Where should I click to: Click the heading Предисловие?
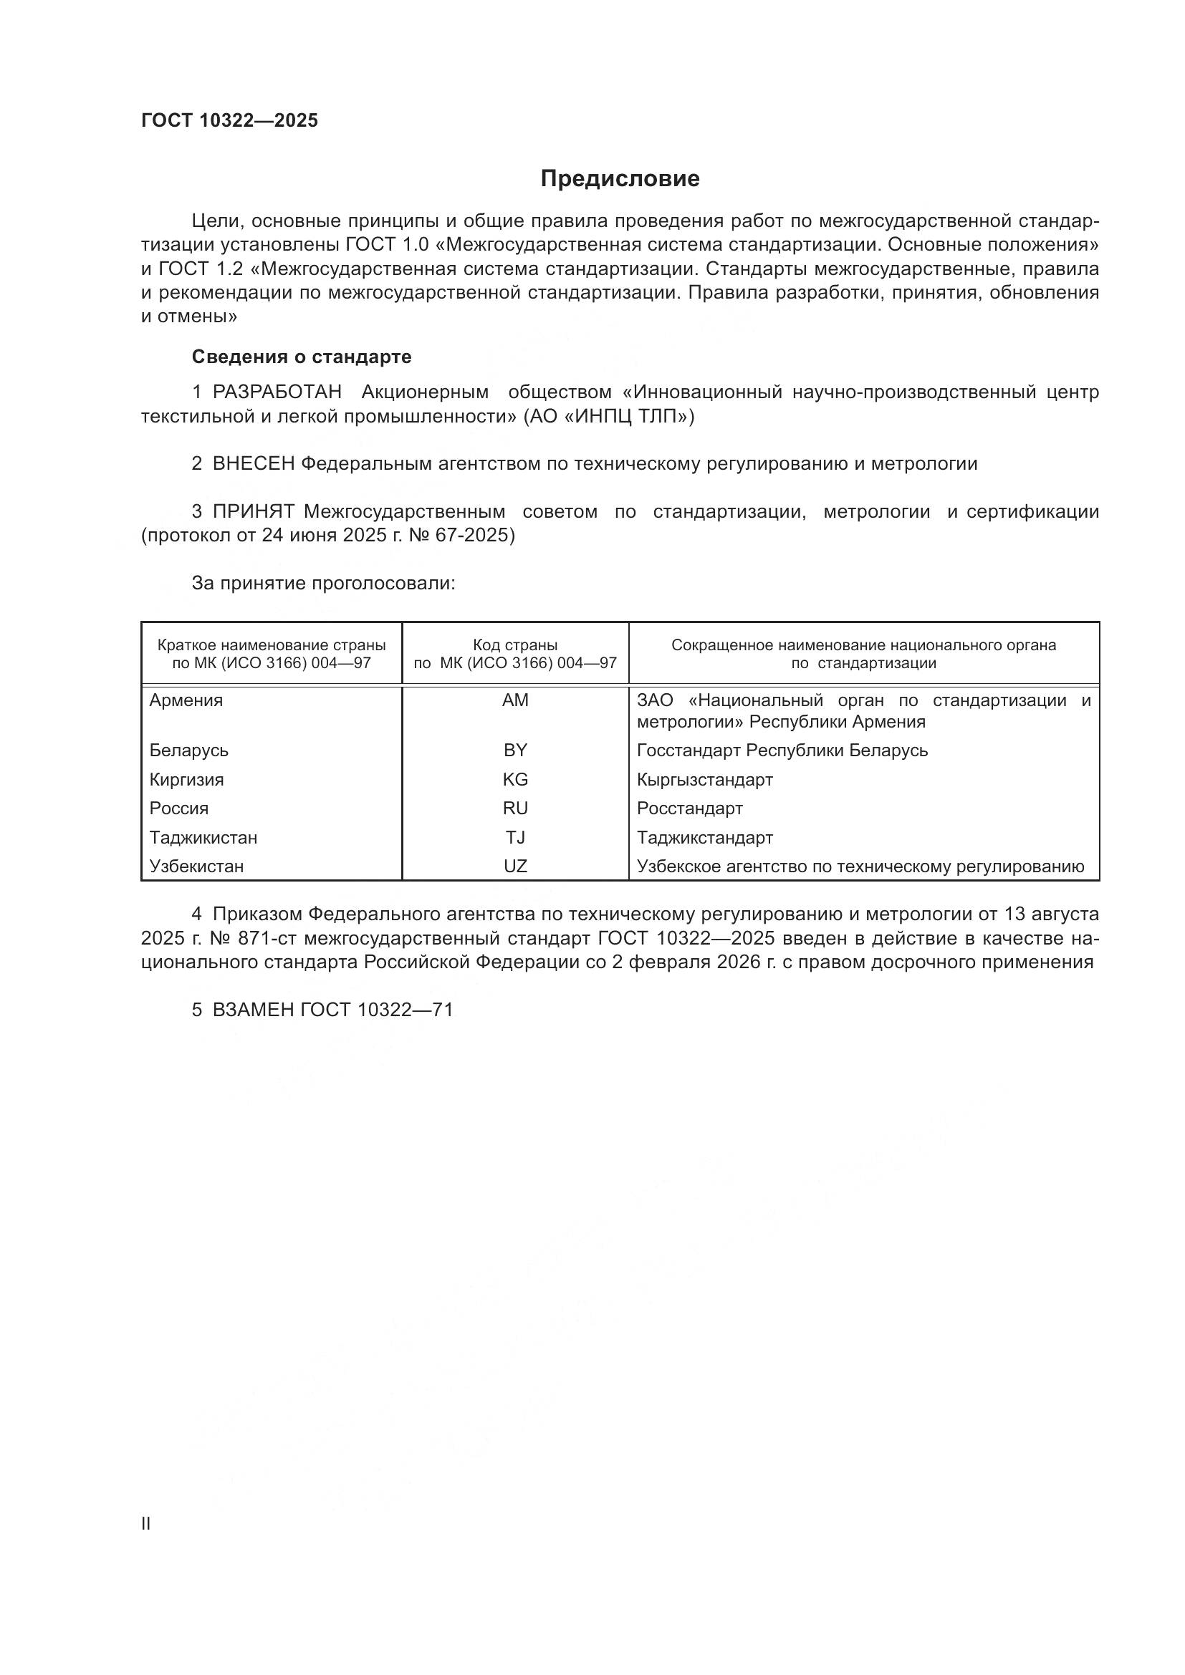pyautogui.click(x=620, y=179)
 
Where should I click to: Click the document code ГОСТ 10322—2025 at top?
pyautogui.click(x=230, y=121)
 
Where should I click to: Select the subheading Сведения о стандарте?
pyautogui.click(x=302, y=357)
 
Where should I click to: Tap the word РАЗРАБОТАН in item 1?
pyautogui.click(x=277, y=392)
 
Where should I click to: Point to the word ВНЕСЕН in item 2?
pyautogui.click(x=253, y=464)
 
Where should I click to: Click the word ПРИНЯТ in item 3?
pyautogui.click(x=253, y=512)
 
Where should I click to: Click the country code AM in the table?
pyautogui.click(x=515, y=700)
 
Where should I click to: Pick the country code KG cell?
pyautogui.click(x=515, y=780)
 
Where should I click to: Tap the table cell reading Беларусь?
pyautogui.click(x=189, y=750)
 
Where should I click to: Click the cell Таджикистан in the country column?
pyautogui.click(x=203, y=838)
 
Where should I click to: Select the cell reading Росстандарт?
pyautogui.click(x=689, y=808)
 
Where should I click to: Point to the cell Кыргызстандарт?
pyautogui.click(x=705, y=780)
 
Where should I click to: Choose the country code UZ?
pyautogui.click(x=515, y=867)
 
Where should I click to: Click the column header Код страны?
pyautogui.click(x=515, y=646)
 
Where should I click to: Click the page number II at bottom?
pyautogui.click(x=146, y=1524)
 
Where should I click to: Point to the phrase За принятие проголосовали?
pyautogui.click(x=323, y=584)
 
